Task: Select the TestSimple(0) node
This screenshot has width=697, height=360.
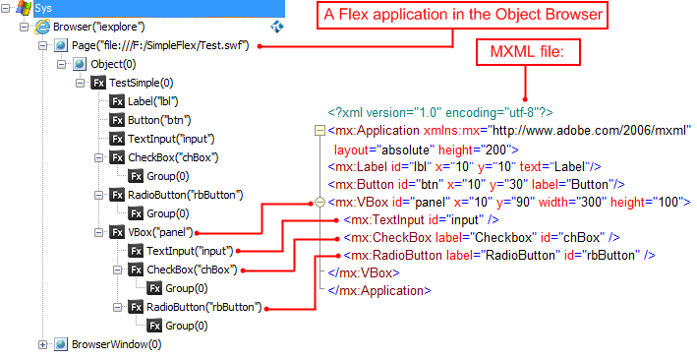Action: [141, 84]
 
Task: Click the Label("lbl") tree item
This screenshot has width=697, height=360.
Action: [152, 101]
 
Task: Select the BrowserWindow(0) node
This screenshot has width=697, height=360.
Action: [116, 344]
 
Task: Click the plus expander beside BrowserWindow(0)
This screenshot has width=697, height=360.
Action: [43, 344]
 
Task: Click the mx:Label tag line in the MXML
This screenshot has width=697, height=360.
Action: [457, 166]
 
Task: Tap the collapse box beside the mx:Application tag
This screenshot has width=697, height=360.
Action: [318, 131]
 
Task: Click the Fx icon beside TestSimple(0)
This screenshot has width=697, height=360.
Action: [98, 84]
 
